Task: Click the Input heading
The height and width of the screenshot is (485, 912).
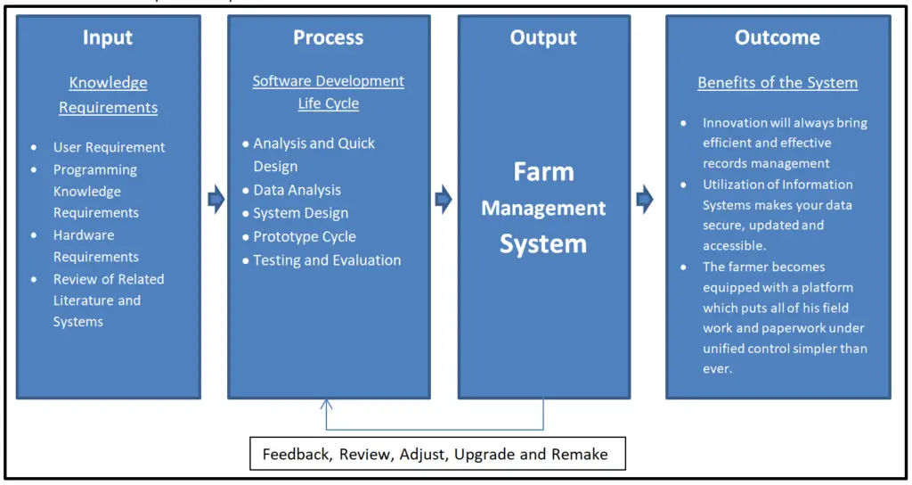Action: click(x=108, y=37)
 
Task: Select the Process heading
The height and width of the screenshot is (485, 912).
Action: click(x=328, y=37)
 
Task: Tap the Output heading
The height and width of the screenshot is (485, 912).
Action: click(x=543, y=37)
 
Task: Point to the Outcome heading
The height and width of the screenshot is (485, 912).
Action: click(x=777, y=37)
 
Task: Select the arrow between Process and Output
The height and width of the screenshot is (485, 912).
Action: click(x=444, y=200)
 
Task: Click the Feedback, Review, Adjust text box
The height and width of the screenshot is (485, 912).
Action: click(x=435, y=454)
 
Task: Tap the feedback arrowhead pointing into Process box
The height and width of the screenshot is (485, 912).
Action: click(x=327, y=404)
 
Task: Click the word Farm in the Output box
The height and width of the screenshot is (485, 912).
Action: click(x=543, y=171)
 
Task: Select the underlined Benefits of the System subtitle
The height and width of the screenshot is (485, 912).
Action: click(x=777, y=83)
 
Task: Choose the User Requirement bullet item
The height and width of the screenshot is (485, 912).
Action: click(x=109, y=147)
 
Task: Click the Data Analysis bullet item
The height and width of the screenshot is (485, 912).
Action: click(x=297, y=190)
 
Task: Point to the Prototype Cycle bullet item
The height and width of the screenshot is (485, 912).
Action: click(x=304, y=236)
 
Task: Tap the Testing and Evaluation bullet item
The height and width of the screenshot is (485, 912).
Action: click(x=327, y=260)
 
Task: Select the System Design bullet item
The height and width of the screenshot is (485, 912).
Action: click(x=300, y=213)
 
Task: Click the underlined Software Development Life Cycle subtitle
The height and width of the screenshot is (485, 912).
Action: click(x=328, y=92)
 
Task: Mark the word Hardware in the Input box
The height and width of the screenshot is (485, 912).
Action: click(x=84, y=235)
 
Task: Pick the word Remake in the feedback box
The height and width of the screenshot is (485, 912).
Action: click(x=580, y=454)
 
